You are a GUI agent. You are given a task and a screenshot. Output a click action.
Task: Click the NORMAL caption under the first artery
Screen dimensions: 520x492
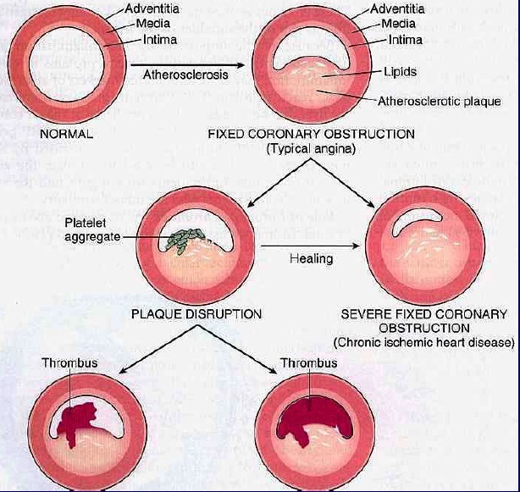(x=65, y=135)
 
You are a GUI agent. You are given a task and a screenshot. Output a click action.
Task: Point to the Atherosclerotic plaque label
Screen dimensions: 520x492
(x=439, y=102)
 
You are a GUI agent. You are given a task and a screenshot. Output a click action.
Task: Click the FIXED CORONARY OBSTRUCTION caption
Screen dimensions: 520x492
(x=311, y=134)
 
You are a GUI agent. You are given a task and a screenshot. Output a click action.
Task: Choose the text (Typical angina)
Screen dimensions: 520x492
(x=311, y=148)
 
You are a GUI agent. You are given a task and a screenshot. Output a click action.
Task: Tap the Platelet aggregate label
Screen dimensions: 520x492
(x=88, y=229)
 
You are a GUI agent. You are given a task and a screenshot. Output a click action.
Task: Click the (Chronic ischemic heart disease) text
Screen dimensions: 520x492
(x=423, y=342)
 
